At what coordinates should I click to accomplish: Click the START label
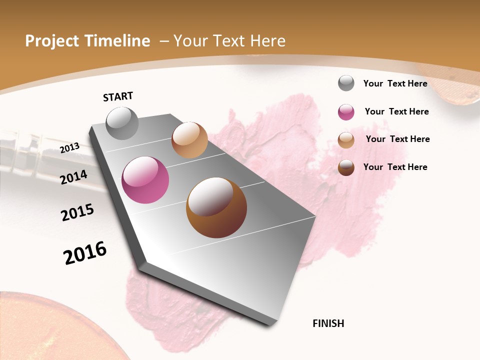[118, 96]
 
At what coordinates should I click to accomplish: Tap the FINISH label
[328, 323]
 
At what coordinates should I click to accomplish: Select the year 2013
[70, 147]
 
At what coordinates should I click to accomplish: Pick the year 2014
[74, 177]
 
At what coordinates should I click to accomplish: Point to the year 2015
[77, 212]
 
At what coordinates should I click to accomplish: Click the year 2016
[85, 252]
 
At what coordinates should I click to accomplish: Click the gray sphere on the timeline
[122, 123]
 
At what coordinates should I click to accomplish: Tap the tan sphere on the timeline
[189, 140]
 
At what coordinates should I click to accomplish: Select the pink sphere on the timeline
[145, 180]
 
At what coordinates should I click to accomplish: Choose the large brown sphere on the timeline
[216, 207]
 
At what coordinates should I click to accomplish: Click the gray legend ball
[346, 83]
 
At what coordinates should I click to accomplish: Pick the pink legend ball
[346, 112]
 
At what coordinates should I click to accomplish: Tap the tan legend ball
[346, 140]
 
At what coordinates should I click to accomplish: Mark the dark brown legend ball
[346, 167]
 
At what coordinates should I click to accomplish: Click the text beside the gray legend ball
[395, 83]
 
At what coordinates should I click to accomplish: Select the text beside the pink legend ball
[396, 111]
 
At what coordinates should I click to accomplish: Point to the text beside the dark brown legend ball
[395, 167]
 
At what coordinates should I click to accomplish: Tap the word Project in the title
[50, 41]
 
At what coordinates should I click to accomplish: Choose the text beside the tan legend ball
[397, 139]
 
